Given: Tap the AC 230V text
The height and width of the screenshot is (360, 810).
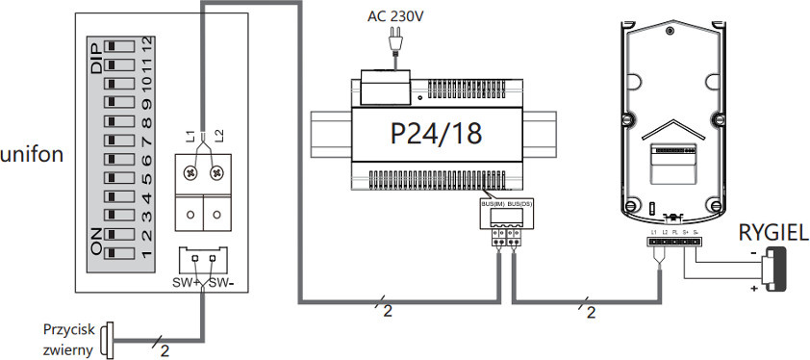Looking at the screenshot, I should [396, 15].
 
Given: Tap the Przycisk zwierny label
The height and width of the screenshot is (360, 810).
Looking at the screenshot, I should [67, 339].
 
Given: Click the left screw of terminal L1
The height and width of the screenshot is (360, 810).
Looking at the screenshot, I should [191, 172].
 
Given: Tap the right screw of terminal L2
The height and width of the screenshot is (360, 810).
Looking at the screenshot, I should [217, 172].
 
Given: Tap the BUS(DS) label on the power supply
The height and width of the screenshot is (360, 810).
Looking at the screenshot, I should [519, 205].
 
